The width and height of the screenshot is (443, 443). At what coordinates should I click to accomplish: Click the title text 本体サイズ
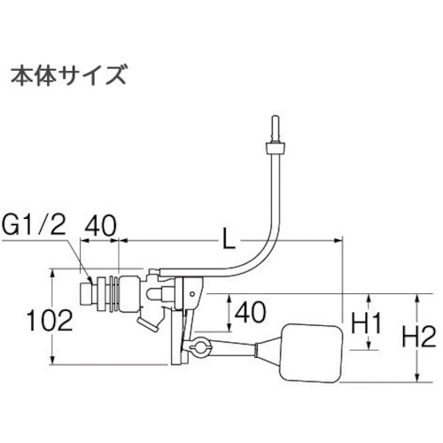coord(69,75)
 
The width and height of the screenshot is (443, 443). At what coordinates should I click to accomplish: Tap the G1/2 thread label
coord(33,226)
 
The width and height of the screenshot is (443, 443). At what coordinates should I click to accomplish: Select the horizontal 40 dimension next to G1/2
coord(100,226)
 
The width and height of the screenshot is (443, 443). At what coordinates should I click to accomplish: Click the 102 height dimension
coord(50,320)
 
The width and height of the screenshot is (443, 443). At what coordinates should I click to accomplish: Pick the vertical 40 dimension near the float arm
coord(251,312)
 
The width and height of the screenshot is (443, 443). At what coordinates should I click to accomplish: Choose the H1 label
coord(366,323)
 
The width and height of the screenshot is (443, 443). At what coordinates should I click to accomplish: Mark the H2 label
coord(419,337)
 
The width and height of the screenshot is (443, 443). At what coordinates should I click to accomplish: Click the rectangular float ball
coord(311,354)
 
